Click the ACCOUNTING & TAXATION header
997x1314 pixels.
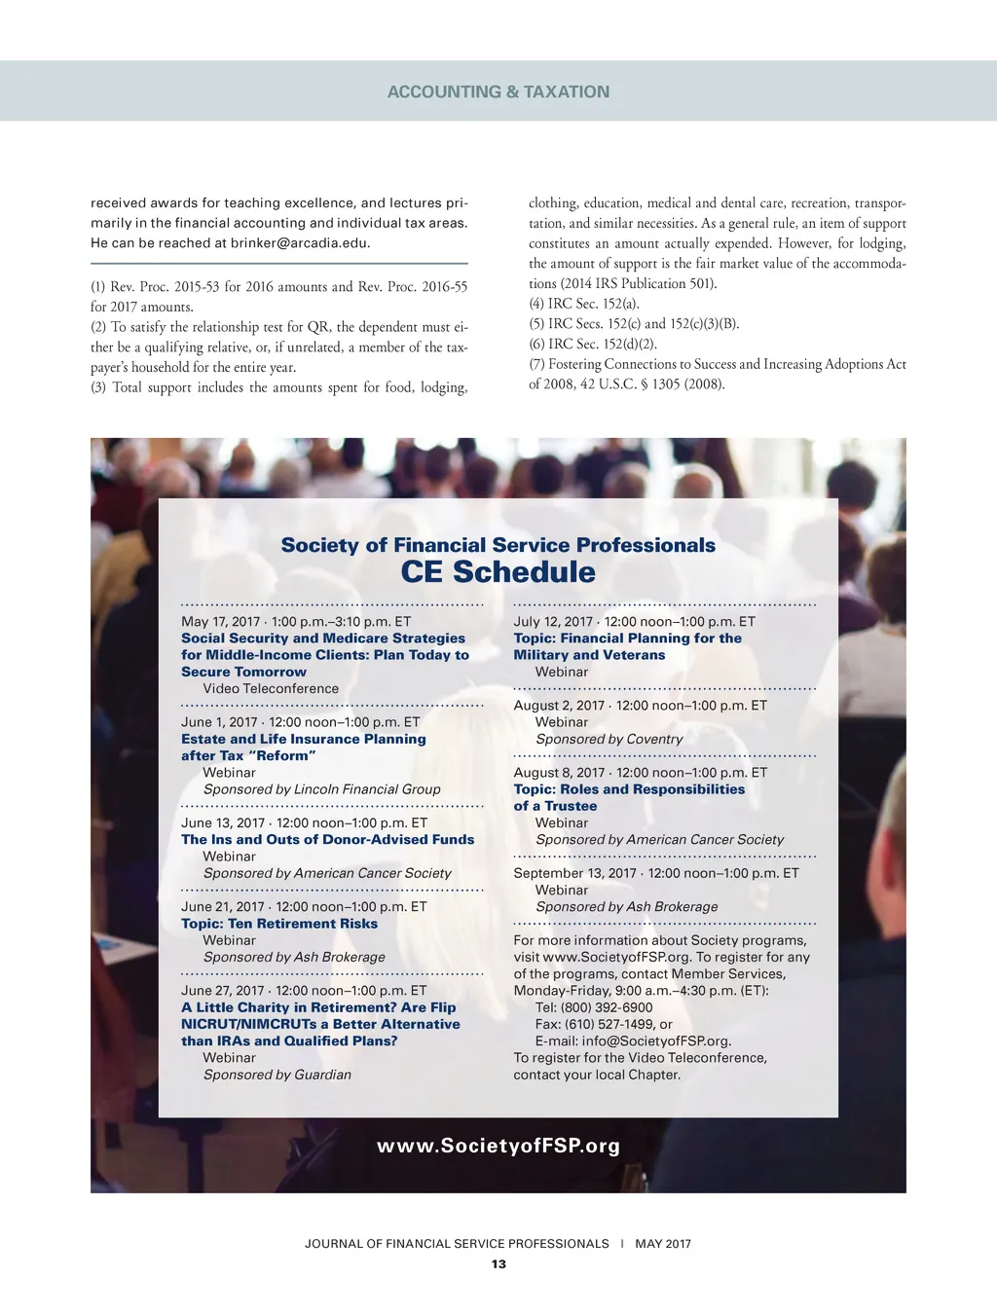pos(498,91)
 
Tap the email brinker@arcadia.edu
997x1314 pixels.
pos(300,243)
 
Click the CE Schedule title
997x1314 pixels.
pos(498,571)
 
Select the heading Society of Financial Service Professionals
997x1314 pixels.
pos(498,545)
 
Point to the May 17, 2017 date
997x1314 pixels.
pos(221,622)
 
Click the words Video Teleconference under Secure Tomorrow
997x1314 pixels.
pos(271,689)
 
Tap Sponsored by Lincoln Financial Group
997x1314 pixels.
pos(321,789)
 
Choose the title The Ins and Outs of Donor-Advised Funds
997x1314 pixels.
pos(328,840)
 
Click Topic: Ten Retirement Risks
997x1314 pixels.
pos(279,924)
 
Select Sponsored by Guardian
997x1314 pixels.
pos(277,1075)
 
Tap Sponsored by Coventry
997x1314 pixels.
pos(609,740)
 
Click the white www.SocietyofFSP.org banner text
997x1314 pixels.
pos(498,1146)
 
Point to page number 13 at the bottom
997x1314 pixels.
pos(498,1264)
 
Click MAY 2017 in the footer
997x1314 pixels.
pos(663,1244)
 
